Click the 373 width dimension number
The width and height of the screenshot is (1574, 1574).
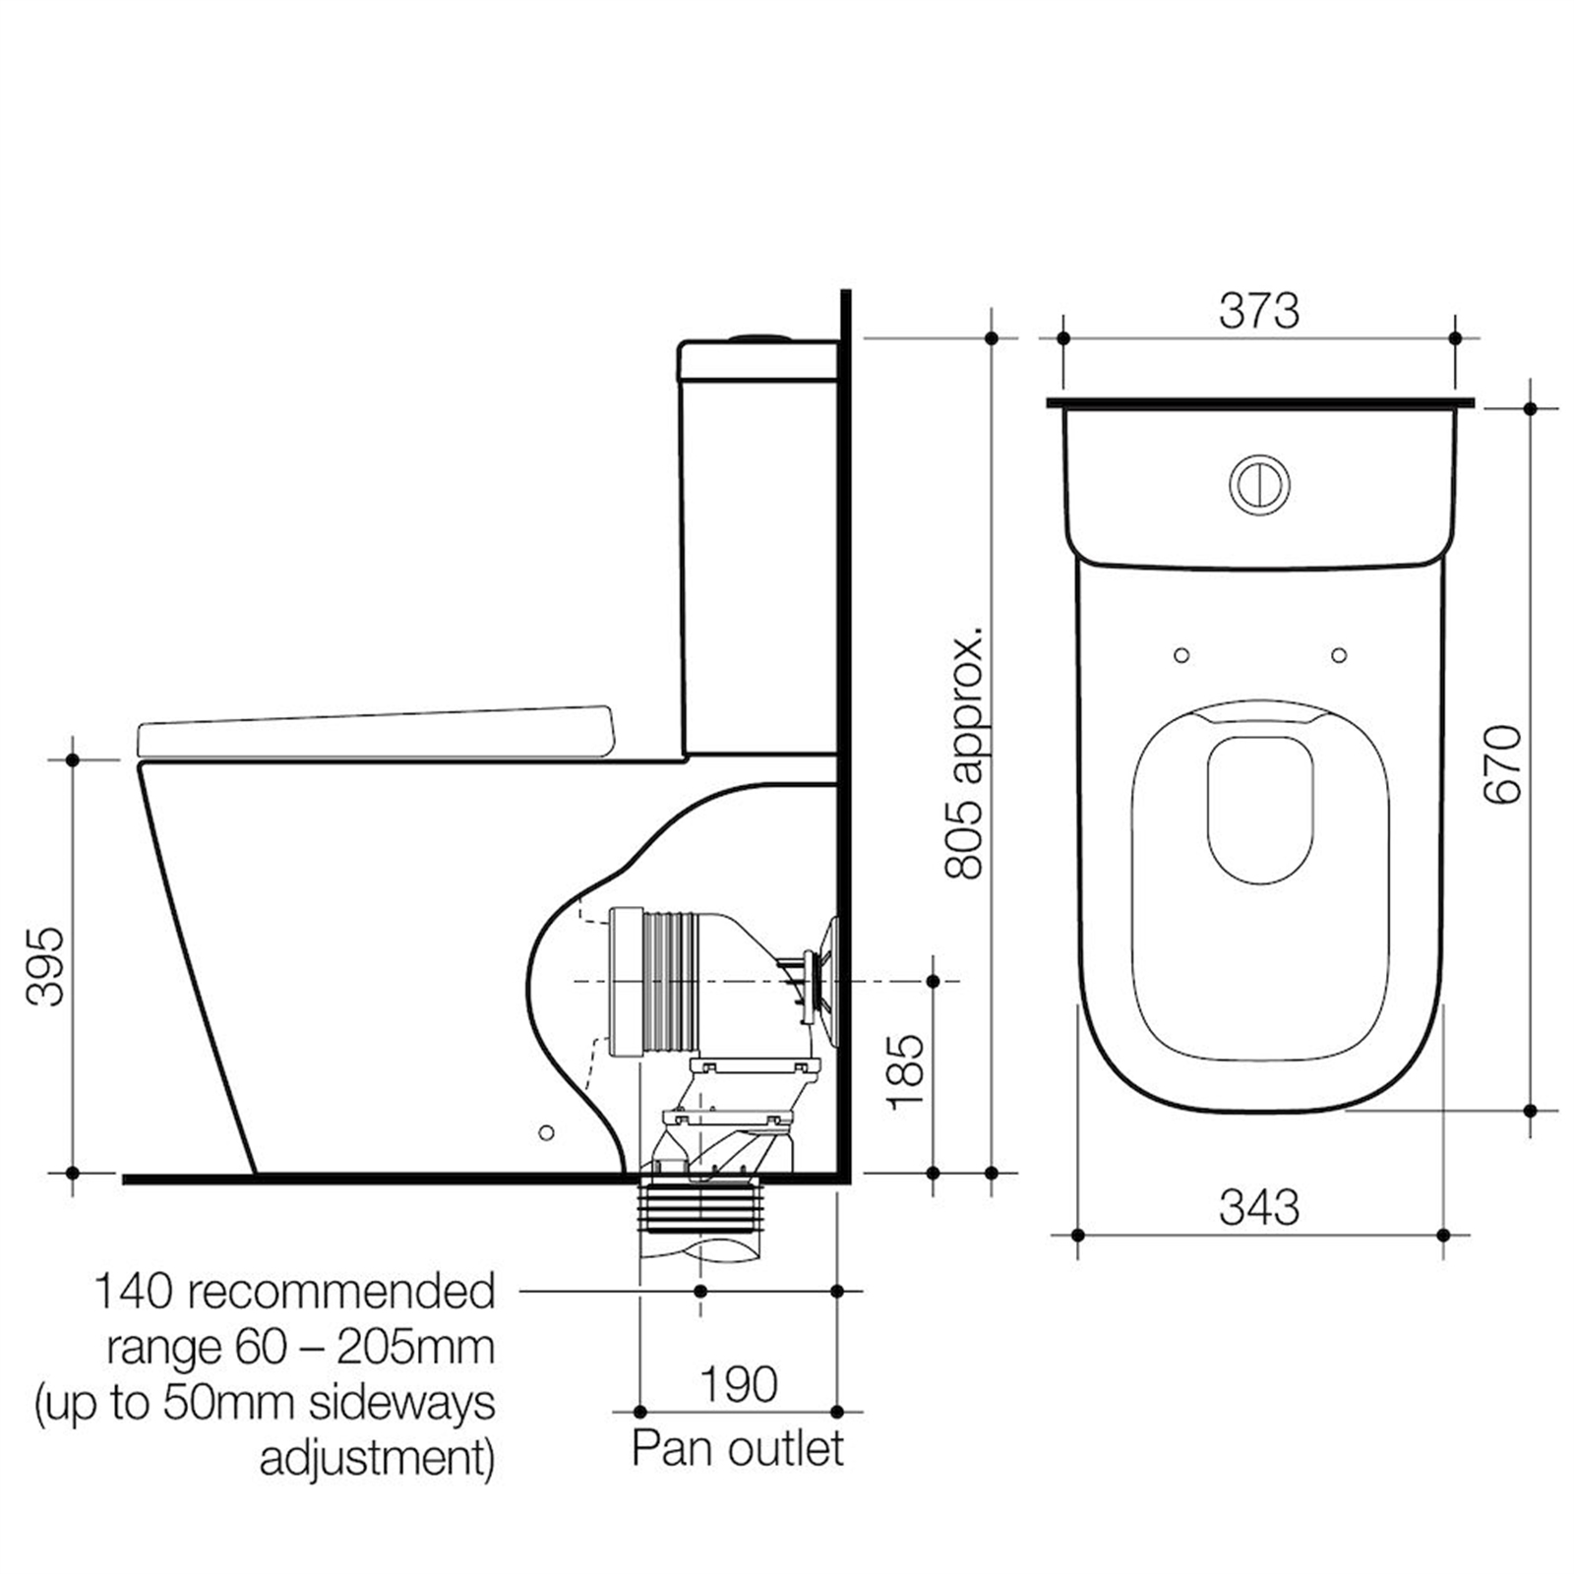click(x=1258, y=312)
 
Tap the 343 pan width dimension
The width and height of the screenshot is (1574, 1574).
click(x=1259, y=1207)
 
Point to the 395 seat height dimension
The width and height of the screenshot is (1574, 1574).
click(x=45, y=966)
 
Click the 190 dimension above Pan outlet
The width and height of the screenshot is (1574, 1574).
click(x=738, y=1384)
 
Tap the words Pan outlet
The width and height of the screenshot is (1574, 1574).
click(x=738, y=1448)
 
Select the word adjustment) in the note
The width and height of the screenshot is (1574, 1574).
click(x=377, y=1459)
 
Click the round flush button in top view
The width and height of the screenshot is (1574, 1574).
click(x=1259, y=484)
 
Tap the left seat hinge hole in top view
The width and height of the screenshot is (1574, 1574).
click(x=1181, y=655)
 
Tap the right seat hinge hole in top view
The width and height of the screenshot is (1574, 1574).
click(x=1338, y=655)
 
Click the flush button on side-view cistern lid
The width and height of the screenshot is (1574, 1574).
click(x=758, y=337)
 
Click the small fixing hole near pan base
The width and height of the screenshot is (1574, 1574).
click(x=547, y=1132)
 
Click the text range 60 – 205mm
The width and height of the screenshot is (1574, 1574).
click(x=300, y=1347)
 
